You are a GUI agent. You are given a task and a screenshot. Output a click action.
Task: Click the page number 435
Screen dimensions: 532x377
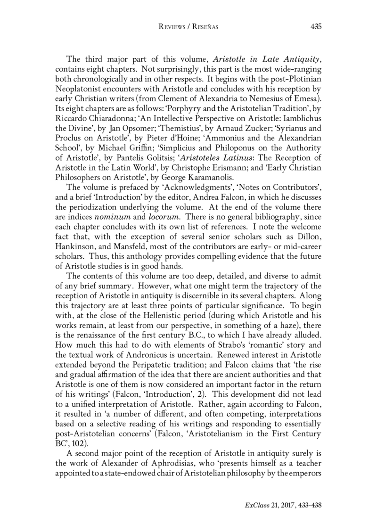316,27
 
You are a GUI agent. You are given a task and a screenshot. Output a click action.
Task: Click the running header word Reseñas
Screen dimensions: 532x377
205,27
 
